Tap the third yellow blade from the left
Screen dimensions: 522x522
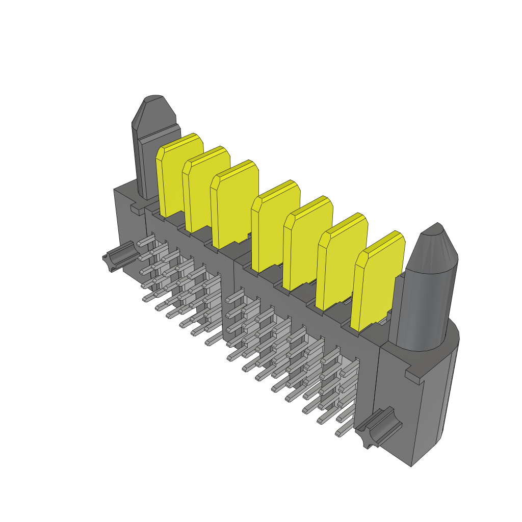(232, 206)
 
